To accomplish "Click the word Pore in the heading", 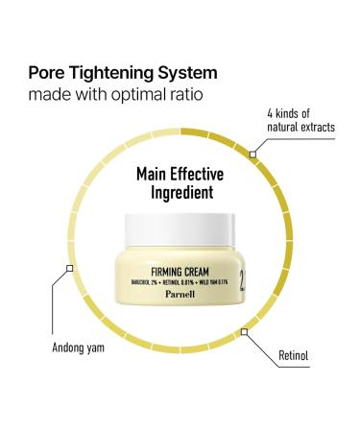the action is click(x=47, y=73).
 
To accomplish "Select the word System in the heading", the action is click(x=188, y=73).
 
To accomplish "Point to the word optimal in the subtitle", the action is click(x=143, y=96).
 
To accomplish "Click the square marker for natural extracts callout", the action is click(x=253, y=151).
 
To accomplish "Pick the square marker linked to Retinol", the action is click(x=245, y=332).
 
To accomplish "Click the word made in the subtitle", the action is click(x=49, y=96).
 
